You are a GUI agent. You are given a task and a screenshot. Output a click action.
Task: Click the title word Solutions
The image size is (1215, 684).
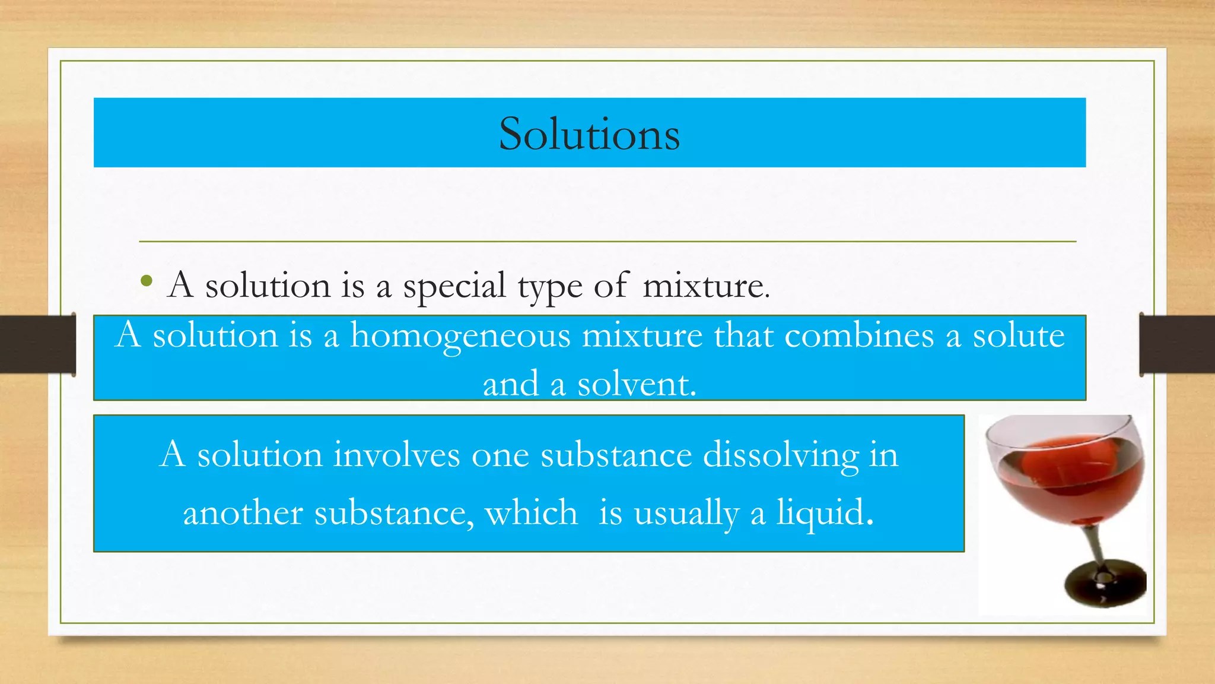[589, 134]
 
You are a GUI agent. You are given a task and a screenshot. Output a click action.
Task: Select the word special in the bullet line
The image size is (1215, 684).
[454, 287]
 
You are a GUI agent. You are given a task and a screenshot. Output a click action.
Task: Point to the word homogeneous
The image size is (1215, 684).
[460, 336]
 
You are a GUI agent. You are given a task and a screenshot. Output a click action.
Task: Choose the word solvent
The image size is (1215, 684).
[637, 384]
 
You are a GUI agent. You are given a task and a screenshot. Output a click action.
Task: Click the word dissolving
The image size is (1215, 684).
[781, 456]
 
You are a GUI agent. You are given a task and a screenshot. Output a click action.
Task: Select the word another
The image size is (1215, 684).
[243, 513]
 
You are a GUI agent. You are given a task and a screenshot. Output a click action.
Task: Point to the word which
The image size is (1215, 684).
[532, 512]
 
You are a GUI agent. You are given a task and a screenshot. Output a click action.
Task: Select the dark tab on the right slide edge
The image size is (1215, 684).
[1177, 344]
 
